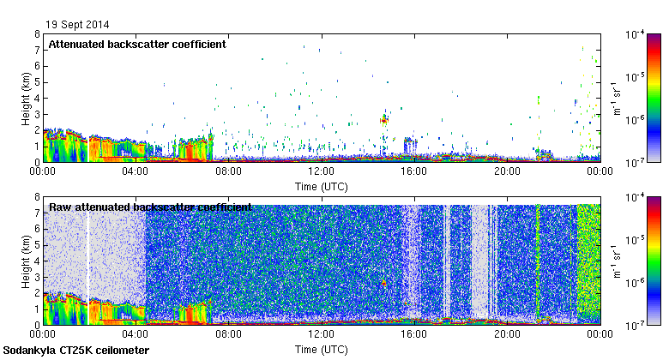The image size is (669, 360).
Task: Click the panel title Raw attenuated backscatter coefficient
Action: click(150, 207)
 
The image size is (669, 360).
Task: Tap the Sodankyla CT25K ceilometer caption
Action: click(76, 351)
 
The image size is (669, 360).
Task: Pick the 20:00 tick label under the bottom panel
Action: click(507, 334)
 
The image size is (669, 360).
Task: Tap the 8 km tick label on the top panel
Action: click(37, 34)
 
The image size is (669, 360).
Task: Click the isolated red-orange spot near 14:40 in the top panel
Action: click(384, 121)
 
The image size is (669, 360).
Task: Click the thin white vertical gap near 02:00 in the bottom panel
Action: click(87, 257)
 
